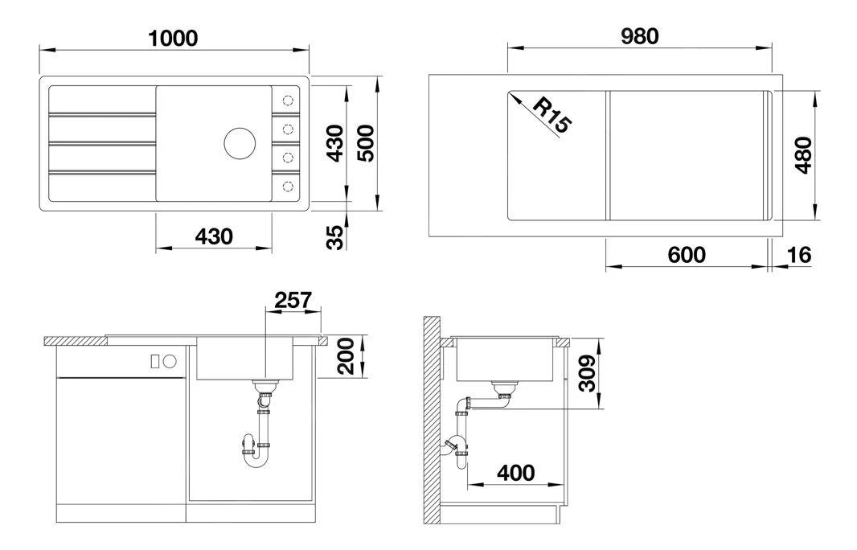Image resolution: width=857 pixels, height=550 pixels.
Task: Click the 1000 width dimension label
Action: pos(174,39)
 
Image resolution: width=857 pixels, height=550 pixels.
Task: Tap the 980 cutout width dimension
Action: pos(639,36)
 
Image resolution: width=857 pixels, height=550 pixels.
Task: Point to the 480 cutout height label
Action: pos(803,155)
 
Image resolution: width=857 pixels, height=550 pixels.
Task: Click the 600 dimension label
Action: pos(687,255)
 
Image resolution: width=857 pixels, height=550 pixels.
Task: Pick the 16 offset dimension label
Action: pos(798,255)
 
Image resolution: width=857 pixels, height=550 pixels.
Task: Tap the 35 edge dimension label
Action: pos(335,237)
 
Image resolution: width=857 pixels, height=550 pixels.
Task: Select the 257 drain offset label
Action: pos(293,300)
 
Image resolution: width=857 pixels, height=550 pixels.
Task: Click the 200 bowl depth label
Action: pos(346,356)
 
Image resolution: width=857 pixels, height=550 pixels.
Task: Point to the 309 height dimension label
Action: pos(587,373)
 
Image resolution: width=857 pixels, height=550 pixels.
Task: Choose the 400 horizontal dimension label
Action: pos(516,473)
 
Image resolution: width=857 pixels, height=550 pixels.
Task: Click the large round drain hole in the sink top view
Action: pos(240,143)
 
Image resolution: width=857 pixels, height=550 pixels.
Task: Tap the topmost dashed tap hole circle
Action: pos(288,101)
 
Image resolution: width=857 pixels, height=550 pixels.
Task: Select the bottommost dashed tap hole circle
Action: pos(288,187)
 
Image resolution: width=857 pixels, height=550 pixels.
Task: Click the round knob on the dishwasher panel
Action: pos(170,361)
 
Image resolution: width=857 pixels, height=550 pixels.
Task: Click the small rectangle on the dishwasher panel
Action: pos(155,361)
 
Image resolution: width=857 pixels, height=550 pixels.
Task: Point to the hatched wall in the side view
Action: pos(432,420)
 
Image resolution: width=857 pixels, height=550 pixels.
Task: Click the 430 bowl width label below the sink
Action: pos(214,236)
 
